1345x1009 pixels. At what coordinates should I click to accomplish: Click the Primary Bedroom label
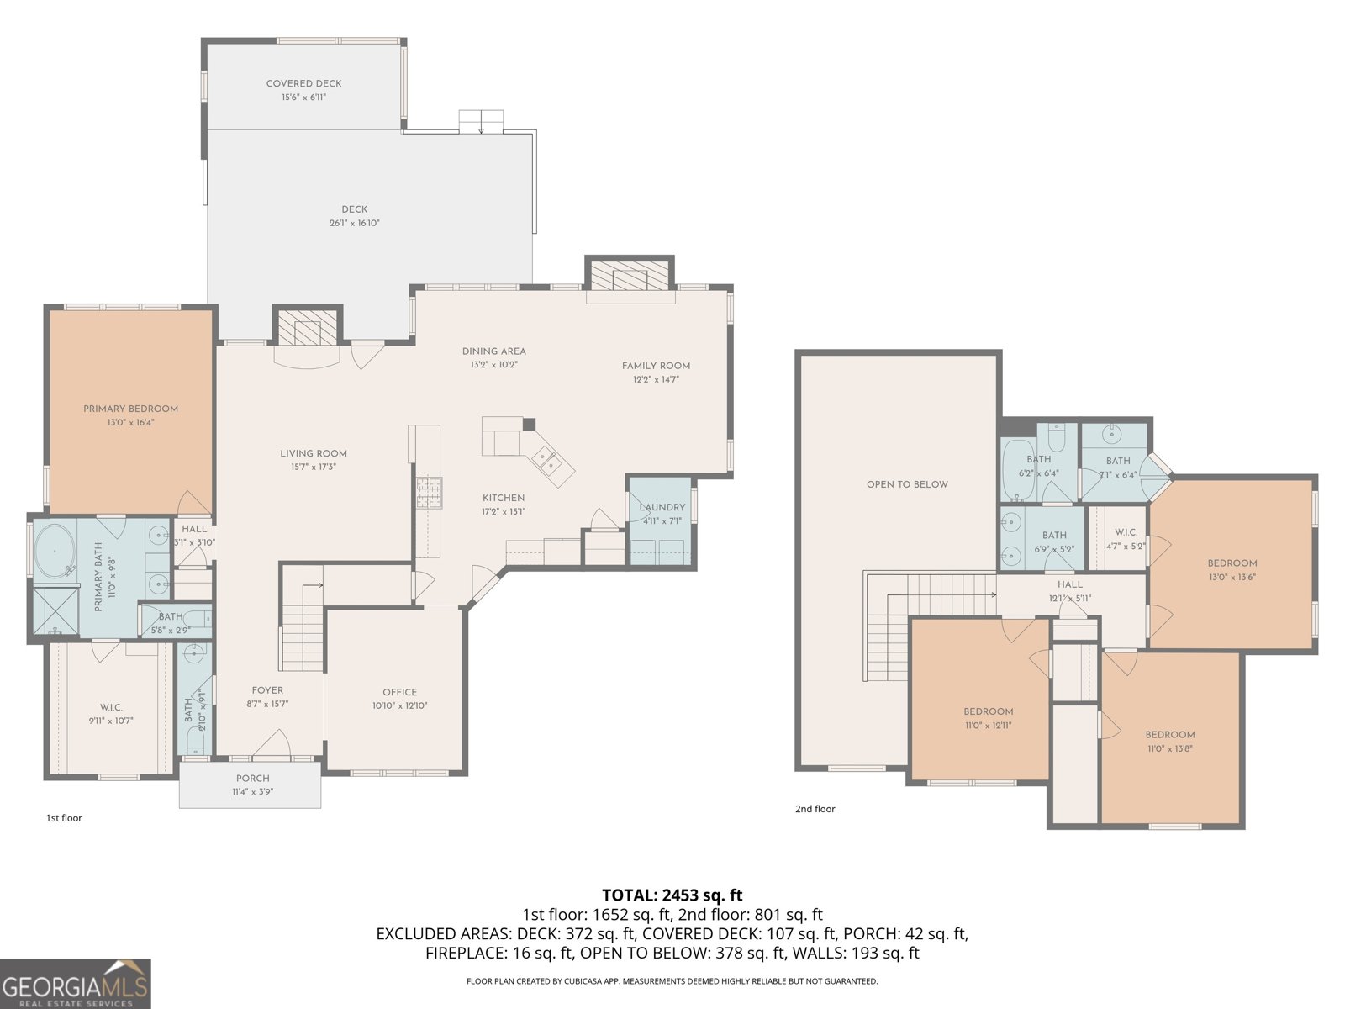point(130,409)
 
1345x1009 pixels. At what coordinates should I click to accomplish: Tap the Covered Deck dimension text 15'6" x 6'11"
point(303,98)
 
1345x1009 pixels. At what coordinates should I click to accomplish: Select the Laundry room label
point(662,507)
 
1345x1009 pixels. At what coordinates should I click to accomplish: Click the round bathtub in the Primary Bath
point(55,552)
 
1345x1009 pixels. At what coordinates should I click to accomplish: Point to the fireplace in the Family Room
point(630,276)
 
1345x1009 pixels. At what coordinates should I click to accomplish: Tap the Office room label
point(399,692)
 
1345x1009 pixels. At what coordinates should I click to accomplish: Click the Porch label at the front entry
point(252,778)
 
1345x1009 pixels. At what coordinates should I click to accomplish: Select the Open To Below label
point(907,484)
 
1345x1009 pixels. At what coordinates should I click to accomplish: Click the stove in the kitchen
point(428,492)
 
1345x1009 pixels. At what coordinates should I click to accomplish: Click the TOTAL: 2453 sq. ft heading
point(672,895)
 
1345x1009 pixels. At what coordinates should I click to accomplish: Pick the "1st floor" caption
point(64,817)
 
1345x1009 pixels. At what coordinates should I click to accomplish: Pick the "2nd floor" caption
point(815,809)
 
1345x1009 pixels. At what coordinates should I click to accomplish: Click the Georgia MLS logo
point(76,984)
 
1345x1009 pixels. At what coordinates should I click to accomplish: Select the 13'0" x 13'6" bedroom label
point(1232,577)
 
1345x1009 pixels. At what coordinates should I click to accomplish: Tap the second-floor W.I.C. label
point(1126,532)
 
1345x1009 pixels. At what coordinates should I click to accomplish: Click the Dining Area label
point(493,351)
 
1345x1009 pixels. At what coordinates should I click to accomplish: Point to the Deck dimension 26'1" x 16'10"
point(354,223)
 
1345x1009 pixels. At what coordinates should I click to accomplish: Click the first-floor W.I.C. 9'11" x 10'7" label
point(111,721)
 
